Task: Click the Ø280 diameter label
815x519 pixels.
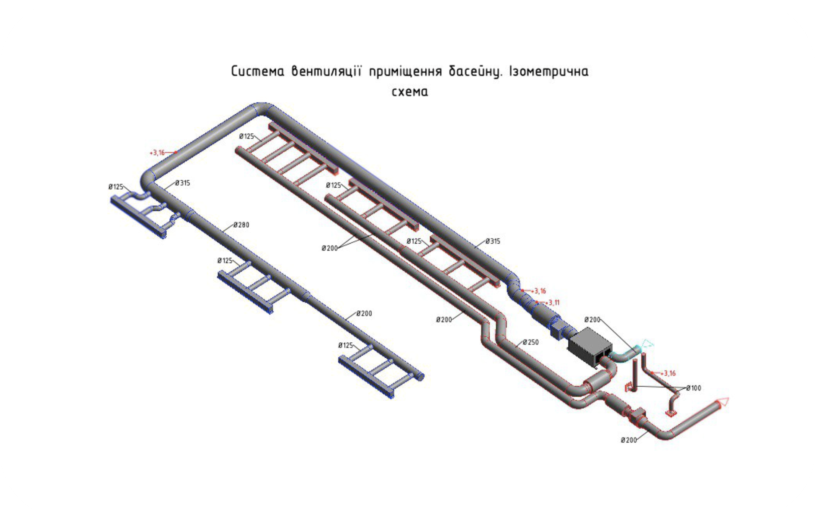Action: (241, 225)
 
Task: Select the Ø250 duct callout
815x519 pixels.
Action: (531, 342)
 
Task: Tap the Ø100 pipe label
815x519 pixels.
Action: (693, 388)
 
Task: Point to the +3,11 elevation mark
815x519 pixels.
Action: (553, 303)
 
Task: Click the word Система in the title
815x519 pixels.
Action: (258, 71)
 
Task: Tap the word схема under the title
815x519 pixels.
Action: (409, 92)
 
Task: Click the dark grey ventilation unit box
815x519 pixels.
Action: (590, 345)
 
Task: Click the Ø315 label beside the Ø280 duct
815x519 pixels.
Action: (182, 183)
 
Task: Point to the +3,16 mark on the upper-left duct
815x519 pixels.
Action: (157, 153)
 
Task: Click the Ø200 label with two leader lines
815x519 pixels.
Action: (330, 248)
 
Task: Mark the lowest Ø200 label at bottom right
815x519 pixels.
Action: (628, 440)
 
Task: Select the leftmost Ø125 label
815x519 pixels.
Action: (116, 187)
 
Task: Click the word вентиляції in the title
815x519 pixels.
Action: (326, 71)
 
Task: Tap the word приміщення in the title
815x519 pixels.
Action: (405, 71)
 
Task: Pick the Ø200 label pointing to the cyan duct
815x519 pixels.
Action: (592, 320)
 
